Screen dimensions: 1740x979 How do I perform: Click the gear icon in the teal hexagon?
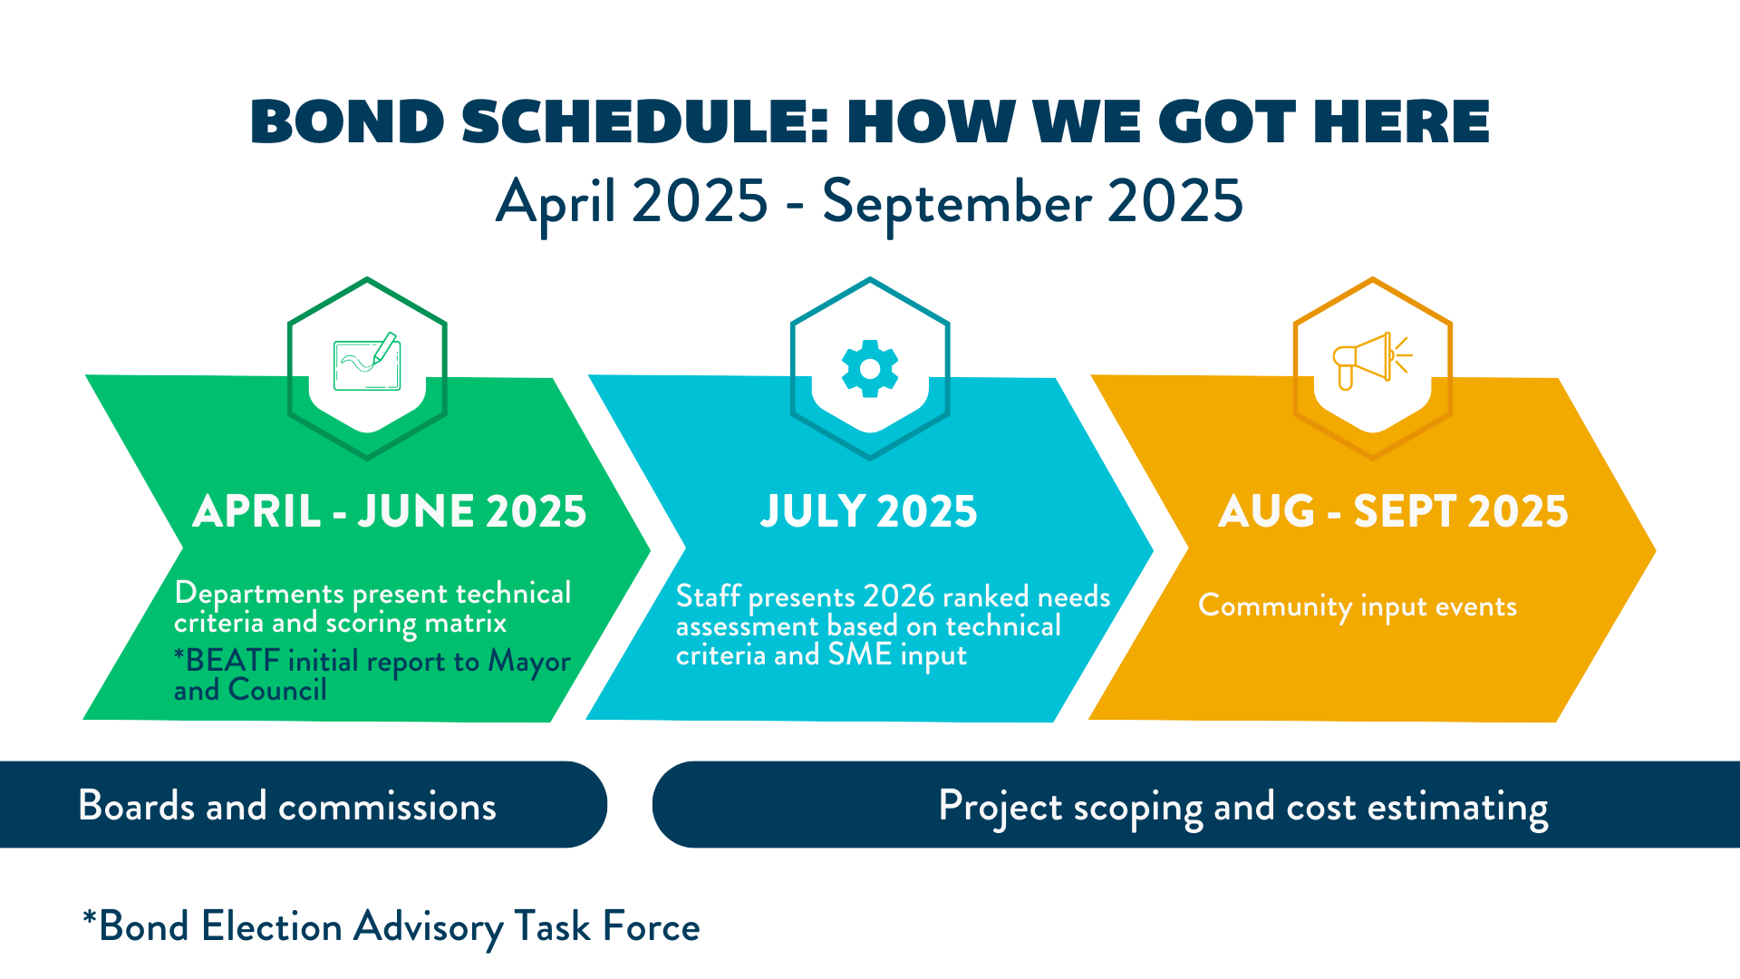870,369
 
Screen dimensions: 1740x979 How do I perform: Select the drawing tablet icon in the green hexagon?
367,361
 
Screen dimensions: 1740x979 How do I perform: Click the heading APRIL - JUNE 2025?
390,511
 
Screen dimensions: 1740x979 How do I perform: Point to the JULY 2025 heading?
869,511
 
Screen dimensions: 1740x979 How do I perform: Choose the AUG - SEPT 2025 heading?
1394,511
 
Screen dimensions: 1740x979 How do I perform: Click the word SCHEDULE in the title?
645,121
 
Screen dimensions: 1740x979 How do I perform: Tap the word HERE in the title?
1401,121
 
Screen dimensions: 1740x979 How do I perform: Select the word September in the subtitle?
957,204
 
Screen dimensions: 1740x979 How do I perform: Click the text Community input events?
1358,606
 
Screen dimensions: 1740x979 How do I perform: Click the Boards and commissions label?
287,806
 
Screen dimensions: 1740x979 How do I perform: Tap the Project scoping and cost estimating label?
1243,809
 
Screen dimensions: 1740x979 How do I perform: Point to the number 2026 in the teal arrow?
899,596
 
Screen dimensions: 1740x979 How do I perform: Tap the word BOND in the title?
347,121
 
